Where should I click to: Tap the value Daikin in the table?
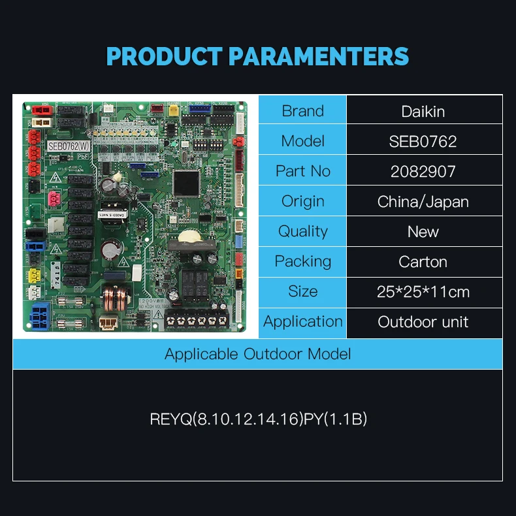tap(423, 111)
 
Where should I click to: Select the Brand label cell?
tap(302, 111)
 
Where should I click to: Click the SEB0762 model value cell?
tap(423, 141)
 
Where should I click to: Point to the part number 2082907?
tap(423, 171)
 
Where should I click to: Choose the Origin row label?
tap(302, 201)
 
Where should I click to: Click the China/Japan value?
tap(423, 201)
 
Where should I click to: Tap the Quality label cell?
tap(302, 231)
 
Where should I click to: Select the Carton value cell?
tap(423, 261)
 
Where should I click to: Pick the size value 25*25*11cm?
tap(423, 291)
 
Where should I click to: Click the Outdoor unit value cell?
tap(423, 321)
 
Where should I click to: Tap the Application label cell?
tap(302, 321)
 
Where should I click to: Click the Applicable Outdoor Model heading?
tap(257, 354)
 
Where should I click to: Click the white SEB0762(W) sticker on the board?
tap(69, 146)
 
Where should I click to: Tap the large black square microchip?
tap(187, 181)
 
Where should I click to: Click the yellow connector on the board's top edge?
tap(173, 110)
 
